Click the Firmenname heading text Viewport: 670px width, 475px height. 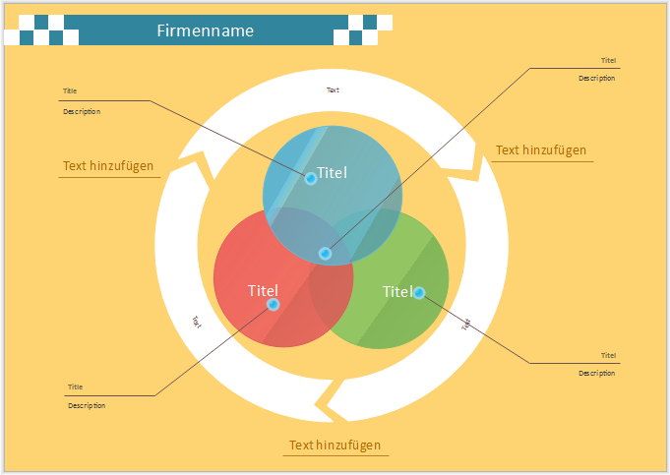(205, 30)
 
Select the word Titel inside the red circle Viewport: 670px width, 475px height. (263, 290)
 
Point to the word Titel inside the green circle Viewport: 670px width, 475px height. (396, 291)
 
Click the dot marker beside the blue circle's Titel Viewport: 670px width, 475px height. (311, 178)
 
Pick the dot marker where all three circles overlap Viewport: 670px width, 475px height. (325, 254)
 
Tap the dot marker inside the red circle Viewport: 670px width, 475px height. (274, 305)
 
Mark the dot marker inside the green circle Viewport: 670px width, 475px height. (419, 292)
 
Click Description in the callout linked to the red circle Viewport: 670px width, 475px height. (87, 405)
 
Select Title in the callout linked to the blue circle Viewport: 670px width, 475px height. (70, 91)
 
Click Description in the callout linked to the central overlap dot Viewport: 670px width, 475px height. (596, 78)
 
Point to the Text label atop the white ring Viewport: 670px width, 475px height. (333, 89)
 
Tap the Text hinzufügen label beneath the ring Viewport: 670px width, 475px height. (335, 445)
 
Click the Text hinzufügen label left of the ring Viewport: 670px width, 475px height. (108, 166)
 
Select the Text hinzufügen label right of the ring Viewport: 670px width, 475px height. (540, 150)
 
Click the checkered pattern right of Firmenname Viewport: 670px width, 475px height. (362, 30)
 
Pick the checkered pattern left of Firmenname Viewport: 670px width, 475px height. (41, 30)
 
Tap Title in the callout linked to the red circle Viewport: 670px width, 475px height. (75, 386)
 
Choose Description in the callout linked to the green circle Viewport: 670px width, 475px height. (596, 373)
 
